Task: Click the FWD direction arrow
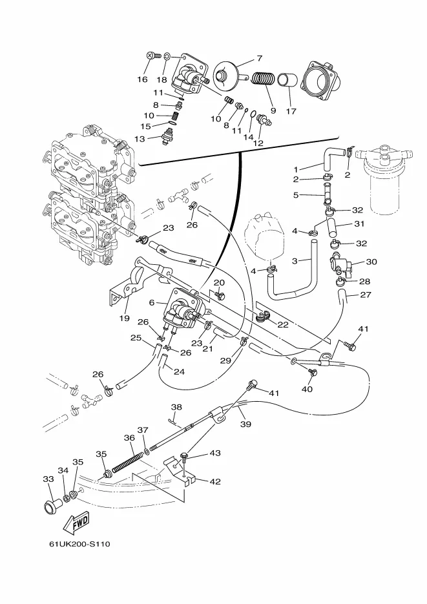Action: pos(78,521)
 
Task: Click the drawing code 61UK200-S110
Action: pos(79,544)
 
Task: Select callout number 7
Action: pos(258,57)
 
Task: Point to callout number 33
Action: pos(48,479)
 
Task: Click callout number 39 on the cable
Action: pos(245,424)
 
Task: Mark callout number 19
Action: pos(124,318)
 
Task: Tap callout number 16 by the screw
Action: pos(142,79)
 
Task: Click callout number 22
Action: pos(283,324)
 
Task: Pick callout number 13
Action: pos(140,138)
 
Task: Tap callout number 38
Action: pos(176,408)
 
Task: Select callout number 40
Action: pos(307,390)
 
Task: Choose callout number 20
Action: pos(219,282)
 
